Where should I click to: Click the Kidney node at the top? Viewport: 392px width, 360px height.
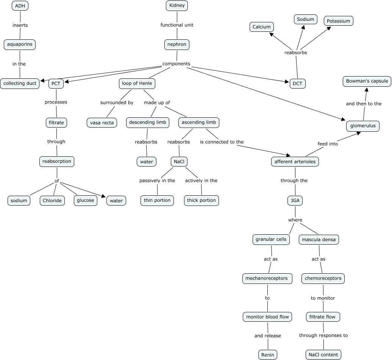pos(177,6)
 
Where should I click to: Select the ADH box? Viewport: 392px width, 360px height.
pos(20,6)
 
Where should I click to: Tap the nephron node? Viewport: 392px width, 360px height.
pos(177,44)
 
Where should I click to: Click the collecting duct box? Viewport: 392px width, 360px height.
pos(20,83)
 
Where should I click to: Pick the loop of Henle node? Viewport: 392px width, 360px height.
pos(137,83)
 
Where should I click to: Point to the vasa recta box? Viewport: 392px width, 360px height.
pos(102,123)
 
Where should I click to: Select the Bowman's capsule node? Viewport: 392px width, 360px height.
pos(367,81)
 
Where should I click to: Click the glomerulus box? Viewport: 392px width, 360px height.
pos(363,126)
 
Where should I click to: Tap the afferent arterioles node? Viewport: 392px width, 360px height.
pos(295,162)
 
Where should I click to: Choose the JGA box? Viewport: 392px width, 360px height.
pos(295,201)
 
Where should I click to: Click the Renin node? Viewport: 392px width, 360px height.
pos(268,355)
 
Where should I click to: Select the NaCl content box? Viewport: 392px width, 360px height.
pos(323,355)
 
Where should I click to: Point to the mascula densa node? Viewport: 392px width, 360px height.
pos(319,240)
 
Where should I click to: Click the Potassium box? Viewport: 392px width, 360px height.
pos(338,21)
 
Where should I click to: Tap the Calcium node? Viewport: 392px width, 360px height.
pos(262,27)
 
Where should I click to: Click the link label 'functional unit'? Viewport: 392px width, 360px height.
pos(177,25)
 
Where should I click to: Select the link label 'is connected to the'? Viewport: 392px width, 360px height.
pos(222,142)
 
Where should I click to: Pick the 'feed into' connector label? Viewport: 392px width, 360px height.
pos(328,144)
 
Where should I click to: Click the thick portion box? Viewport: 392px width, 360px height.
pos(201,200)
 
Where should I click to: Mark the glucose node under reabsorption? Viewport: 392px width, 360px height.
pos(85,200)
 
